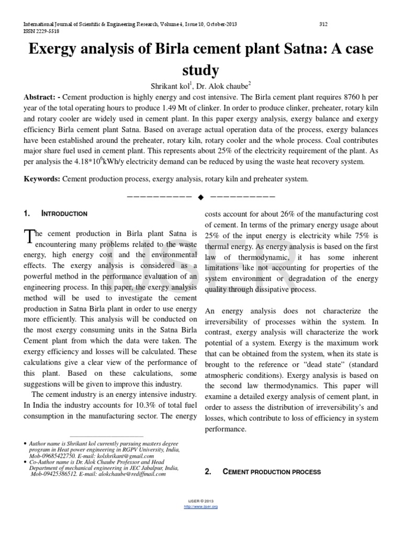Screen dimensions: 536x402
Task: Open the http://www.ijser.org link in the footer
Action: (200, 507)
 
